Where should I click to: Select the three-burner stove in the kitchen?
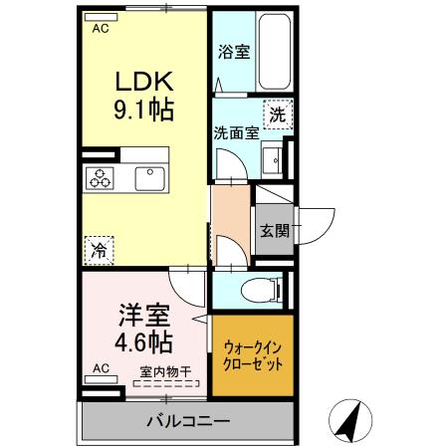102,179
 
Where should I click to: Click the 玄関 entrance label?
275,231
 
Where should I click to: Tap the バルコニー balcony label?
188,419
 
